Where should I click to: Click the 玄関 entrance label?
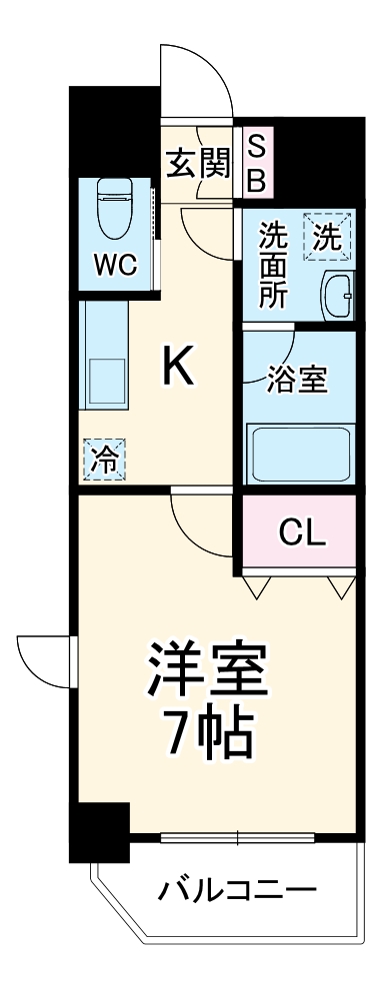[x=198, y=161]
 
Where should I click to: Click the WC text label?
[x=115, y=267]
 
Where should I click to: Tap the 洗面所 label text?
[x=273, y=264]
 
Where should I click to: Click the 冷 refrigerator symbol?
[x=104, y=461]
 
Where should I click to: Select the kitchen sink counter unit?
[x=103, y=366]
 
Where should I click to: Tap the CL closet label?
[x=301, y=534]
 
